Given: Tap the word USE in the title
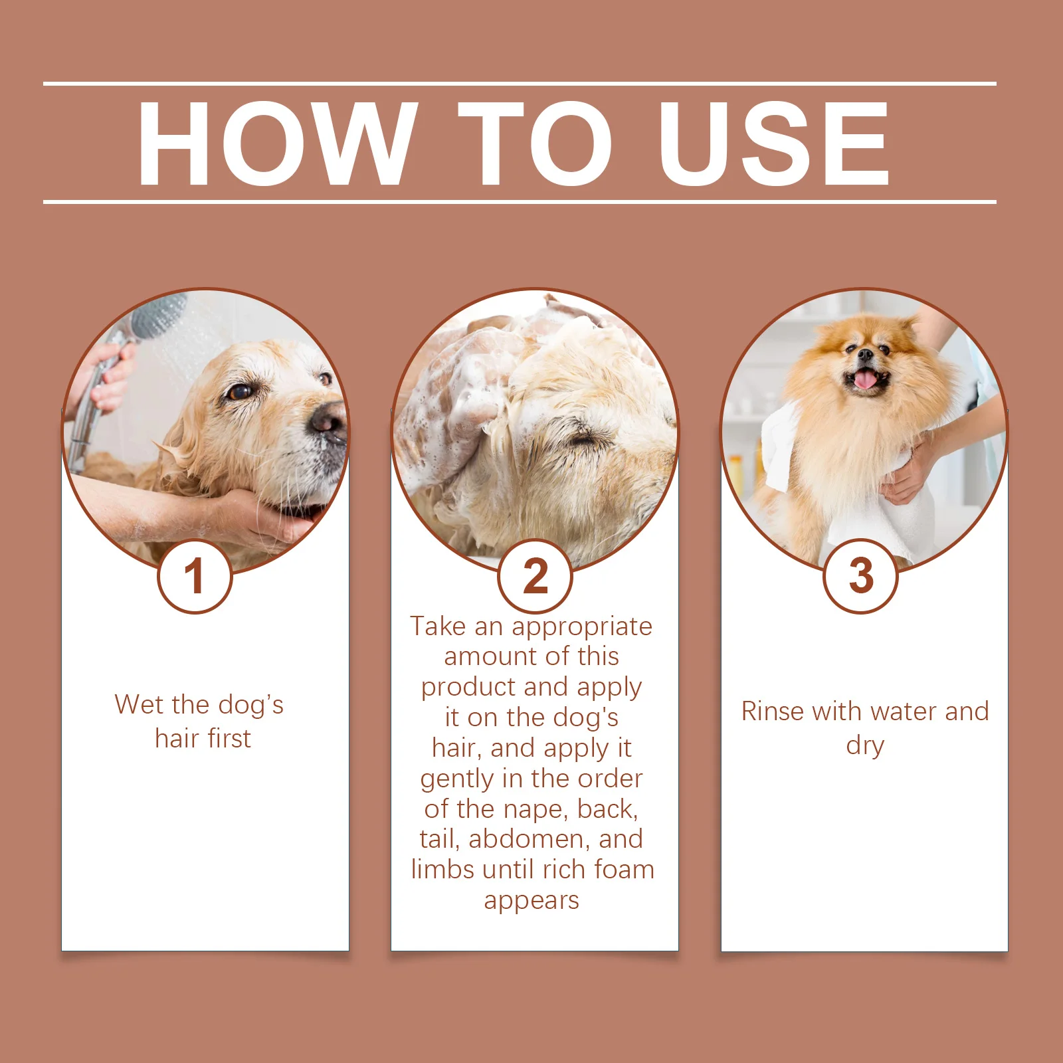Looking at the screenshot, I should (773, 144).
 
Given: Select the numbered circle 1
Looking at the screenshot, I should (195, 576).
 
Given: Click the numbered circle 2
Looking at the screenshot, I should (535, 576).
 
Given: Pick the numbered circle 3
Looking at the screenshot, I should (861, 576).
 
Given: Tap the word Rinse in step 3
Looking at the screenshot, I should (773, 712).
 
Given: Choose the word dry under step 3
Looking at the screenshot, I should (865, 746).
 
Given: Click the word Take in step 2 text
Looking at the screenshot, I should (438, 627).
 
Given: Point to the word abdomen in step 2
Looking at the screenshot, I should (529, 839).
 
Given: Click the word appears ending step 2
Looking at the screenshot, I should (531, 900).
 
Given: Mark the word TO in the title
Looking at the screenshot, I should (535, 144).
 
